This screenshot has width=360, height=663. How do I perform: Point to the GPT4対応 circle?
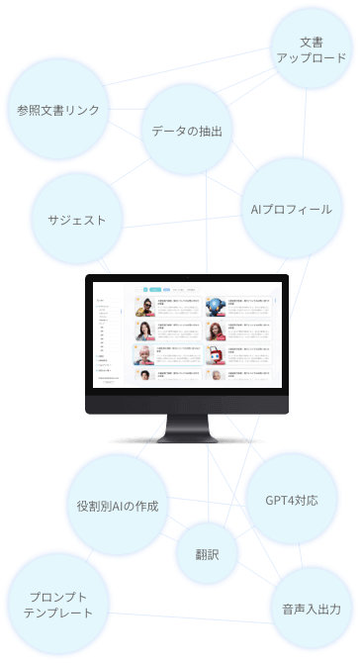point(292,500)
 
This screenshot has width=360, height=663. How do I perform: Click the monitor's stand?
point(186,430)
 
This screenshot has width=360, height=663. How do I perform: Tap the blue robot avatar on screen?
point(215,307)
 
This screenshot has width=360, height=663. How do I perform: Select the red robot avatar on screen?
point(215,354)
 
